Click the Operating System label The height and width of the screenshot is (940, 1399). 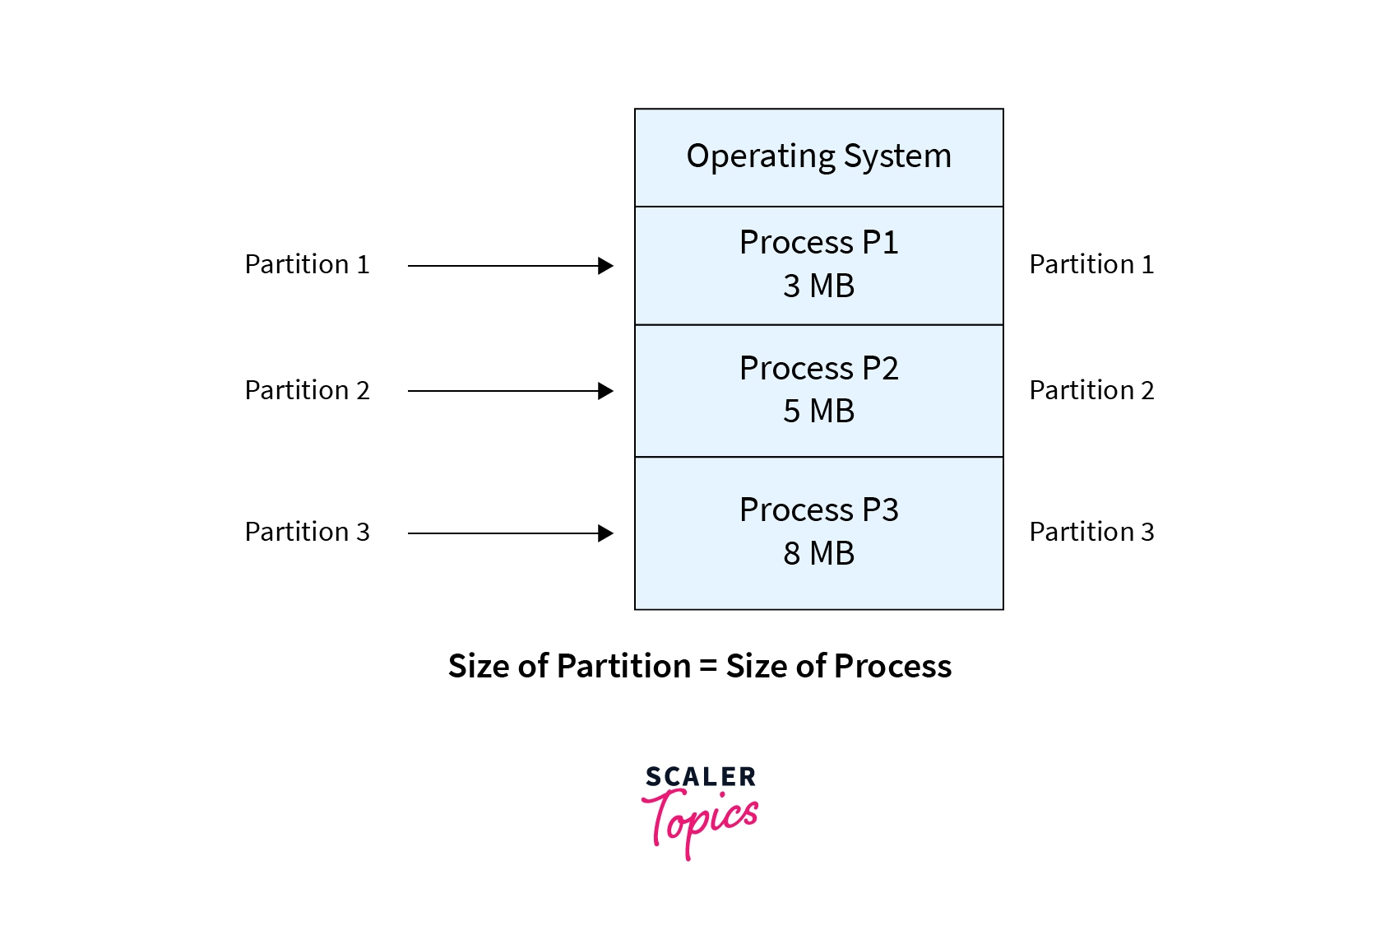818,156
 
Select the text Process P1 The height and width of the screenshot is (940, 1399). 818,243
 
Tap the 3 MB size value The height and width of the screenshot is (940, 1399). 818,286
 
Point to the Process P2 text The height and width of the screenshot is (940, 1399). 818,369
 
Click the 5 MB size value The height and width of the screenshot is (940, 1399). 818,412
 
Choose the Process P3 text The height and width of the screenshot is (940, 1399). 818,510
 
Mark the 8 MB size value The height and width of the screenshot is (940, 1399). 818,554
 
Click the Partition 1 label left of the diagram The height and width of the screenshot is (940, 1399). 307,265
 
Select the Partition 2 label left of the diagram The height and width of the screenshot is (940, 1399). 307,391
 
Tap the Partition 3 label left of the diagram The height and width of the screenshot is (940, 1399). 307,533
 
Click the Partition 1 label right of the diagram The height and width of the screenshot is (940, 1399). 1091,265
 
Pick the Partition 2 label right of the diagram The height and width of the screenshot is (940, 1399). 1091,391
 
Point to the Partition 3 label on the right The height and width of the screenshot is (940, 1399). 1091,533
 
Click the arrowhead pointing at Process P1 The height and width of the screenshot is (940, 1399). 606,266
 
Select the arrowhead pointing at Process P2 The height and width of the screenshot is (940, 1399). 606,391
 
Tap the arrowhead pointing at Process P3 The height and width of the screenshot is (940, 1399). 606,533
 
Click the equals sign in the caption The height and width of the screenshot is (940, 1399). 708,667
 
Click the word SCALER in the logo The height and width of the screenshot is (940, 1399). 700,777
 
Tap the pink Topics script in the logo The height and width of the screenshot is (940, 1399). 700,819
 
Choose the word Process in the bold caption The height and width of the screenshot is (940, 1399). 893,667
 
